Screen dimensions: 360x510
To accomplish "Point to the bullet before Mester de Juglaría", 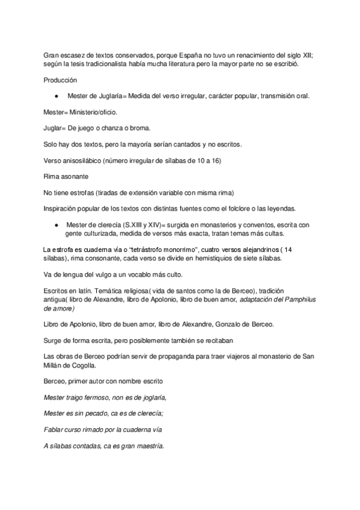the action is (55, 96).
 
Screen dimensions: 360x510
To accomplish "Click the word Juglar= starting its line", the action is (55, 129).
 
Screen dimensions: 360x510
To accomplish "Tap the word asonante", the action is (75, 177).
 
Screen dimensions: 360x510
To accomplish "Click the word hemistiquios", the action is (231, 258).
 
